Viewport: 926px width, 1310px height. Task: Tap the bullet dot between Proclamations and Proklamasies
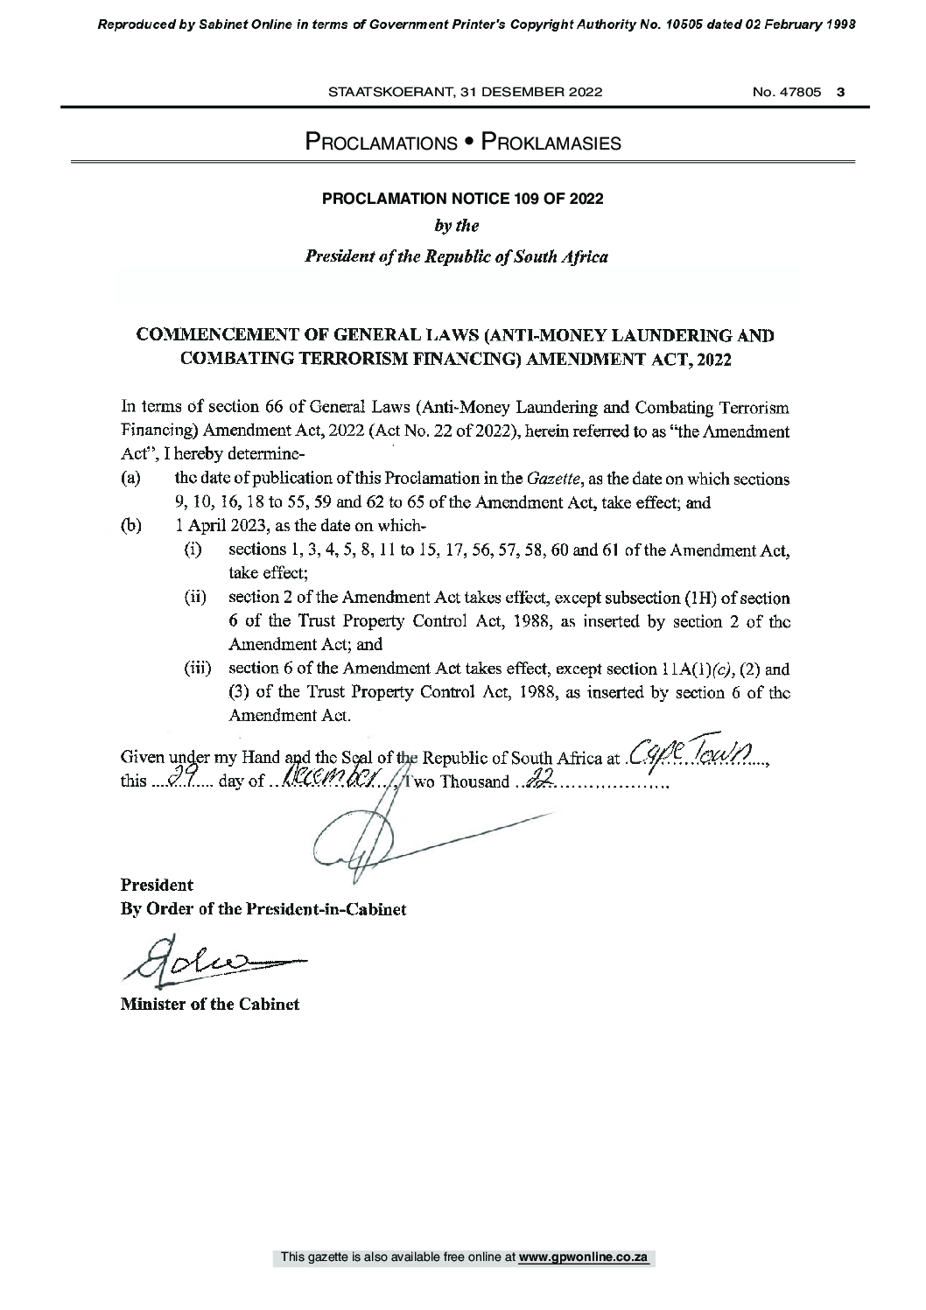tap(468, 142)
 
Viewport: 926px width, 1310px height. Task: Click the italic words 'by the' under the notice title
tap(457, 226)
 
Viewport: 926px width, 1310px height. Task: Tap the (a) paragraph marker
tap(129, 480)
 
